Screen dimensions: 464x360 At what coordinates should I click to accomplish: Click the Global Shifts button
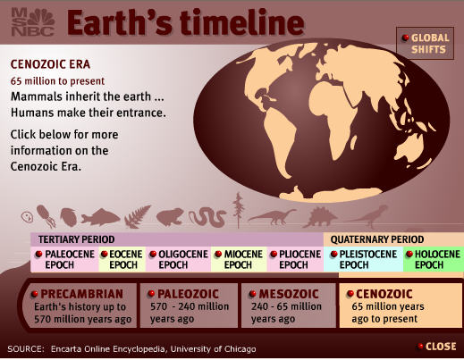point(425,44)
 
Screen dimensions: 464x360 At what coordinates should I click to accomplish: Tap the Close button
point(437,347)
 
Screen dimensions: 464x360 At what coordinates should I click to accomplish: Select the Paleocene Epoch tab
point(64,259)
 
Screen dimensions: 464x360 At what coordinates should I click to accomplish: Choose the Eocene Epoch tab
point(122,259)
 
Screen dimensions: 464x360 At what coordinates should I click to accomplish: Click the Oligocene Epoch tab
point(179,259)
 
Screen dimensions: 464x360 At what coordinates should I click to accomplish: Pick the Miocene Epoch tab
point(239,259)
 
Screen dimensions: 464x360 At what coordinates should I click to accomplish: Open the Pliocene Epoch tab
point(295,259)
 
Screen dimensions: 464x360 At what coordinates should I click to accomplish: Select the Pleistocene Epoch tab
point(363,259)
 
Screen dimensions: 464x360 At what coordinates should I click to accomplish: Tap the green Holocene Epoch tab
point(434,259)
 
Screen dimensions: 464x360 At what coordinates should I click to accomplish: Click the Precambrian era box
point(80,306)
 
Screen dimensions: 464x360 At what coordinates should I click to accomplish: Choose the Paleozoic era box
point(189,306)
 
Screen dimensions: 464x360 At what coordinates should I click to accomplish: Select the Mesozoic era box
point(289,306)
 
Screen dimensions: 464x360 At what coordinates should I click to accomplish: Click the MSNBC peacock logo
point(33,22)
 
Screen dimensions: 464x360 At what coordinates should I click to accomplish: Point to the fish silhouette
point(100,217)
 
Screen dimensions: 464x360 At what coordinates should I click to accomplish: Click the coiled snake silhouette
point(207,217)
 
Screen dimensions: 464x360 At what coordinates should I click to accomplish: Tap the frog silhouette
point(170,217)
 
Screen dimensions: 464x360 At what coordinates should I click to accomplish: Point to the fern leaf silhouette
point(138,217)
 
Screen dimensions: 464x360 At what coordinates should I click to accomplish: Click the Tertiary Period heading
point(76,239)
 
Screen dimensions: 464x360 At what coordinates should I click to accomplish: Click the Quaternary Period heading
point(377,239)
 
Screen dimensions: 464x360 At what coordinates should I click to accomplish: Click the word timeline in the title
point(242,22)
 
